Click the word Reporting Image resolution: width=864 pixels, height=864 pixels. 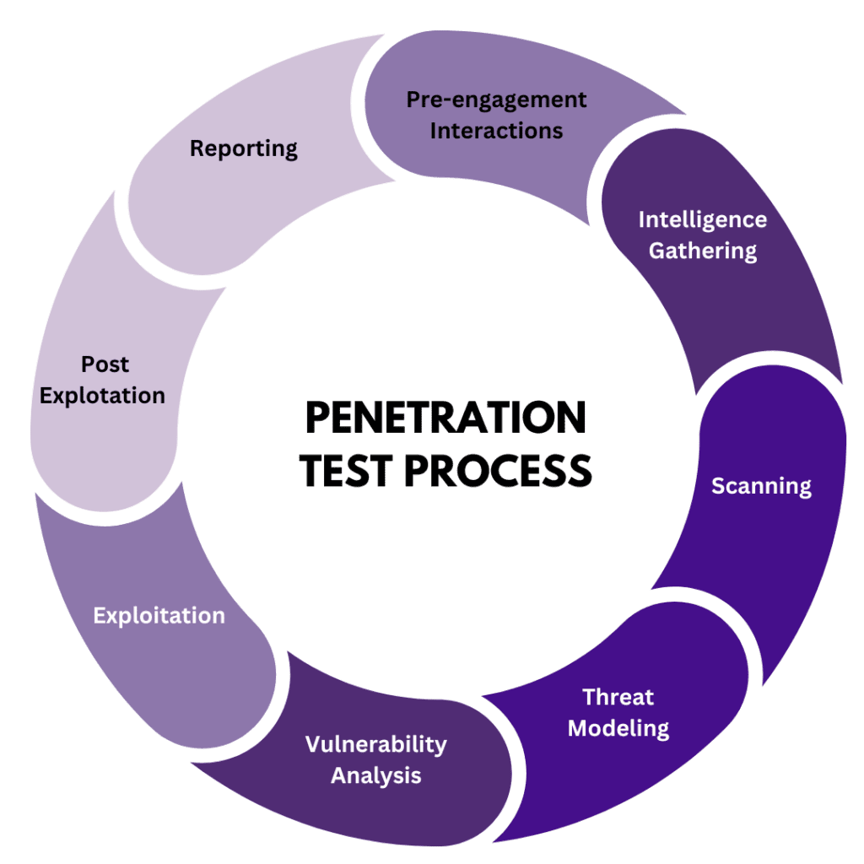point(243,149)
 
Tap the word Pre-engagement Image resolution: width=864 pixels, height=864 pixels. point(496,100)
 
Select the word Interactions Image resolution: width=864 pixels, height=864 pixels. point(496,131)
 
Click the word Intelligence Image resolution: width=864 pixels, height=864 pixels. point(702,220)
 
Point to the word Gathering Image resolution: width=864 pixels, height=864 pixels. point(702,251)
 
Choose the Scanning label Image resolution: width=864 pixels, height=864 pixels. point(761,486)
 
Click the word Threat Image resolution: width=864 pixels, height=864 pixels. point(618,697)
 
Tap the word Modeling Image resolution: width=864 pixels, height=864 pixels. point(618,728)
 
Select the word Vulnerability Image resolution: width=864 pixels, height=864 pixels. point(375,744)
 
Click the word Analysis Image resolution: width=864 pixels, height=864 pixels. point(375,775)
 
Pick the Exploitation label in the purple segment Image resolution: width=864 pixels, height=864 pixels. point(159,616)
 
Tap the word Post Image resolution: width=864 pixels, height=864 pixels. point(105,364)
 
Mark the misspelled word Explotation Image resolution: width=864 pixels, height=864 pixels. point(102,396)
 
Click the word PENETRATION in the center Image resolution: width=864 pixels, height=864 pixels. point(445,418)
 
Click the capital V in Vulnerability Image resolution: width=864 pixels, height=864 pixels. point(311,744)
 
